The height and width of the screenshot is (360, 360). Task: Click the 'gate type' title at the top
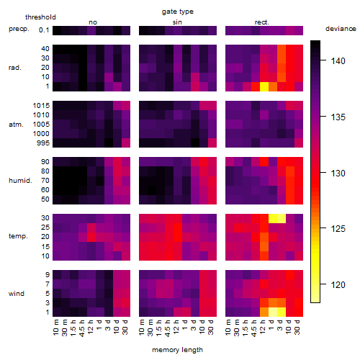178,12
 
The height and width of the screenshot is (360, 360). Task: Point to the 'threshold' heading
40,17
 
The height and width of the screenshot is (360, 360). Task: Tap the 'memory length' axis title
178,350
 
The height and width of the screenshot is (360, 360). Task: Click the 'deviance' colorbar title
341,29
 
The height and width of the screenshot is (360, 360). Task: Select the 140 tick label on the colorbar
338,61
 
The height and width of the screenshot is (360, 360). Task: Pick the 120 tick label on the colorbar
338,285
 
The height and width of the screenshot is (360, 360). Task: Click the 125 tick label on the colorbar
338,229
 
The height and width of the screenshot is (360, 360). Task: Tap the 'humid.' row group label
20,181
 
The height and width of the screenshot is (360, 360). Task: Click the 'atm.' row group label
16,125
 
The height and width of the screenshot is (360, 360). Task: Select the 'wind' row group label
17,294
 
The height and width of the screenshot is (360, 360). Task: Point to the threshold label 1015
41,106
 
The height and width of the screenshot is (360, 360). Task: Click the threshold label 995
43,143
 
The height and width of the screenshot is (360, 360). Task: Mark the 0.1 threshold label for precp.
44,30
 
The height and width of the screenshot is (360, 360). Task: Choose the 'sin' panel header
177,22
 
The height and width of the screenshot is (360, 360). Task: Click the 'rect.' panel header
262,22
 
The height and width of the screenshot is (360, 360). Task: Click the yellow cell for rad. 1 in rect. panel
264,86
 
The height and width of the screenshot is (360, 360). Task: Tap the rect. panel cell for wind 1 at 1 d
273,312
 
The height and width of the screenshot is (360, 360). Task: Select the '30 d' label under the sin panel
211,327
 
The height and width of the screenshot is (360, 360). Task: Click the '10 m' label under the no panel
55,327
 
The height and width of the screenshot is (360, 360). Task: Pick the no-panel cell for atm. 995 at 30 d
126,143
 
